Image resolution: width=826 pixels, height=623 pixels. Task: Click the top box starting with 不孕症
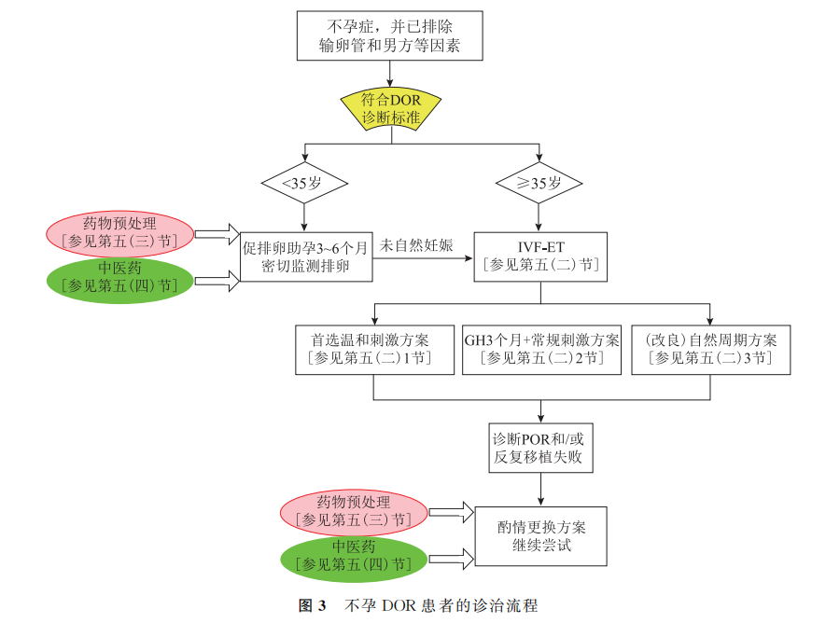(x=389, y=35)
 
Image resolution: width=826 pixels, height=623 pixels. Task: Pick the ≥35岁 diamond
(x=539, y=183)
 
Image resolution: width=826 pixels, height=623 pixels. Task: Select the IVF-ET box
(x=540, y=256)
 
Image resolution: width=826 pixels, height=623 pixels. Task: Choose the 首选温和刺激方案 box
(x=373, y=349)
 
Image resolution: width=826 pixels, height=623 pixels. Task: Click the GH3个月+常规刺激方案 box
(x=541, y=349)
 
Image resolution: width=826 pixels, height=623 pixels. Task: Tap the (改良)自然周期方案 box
(x=710, y=349)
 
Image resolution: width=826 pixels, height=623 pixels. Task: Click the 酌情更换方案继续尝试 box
(x=540, y=535)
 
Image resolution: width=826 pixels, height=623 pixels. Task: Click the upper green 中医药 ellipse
(x=119, y=278)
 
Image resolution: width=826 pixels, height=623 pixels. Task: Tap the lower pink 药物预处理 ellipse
(x=354, y=511)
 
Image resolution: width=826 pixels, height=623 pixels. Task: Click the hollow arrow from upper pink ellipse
(x=217, y=233)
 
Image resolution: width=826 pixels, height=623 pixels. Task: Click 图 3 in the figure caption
(x=312, y=606)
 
